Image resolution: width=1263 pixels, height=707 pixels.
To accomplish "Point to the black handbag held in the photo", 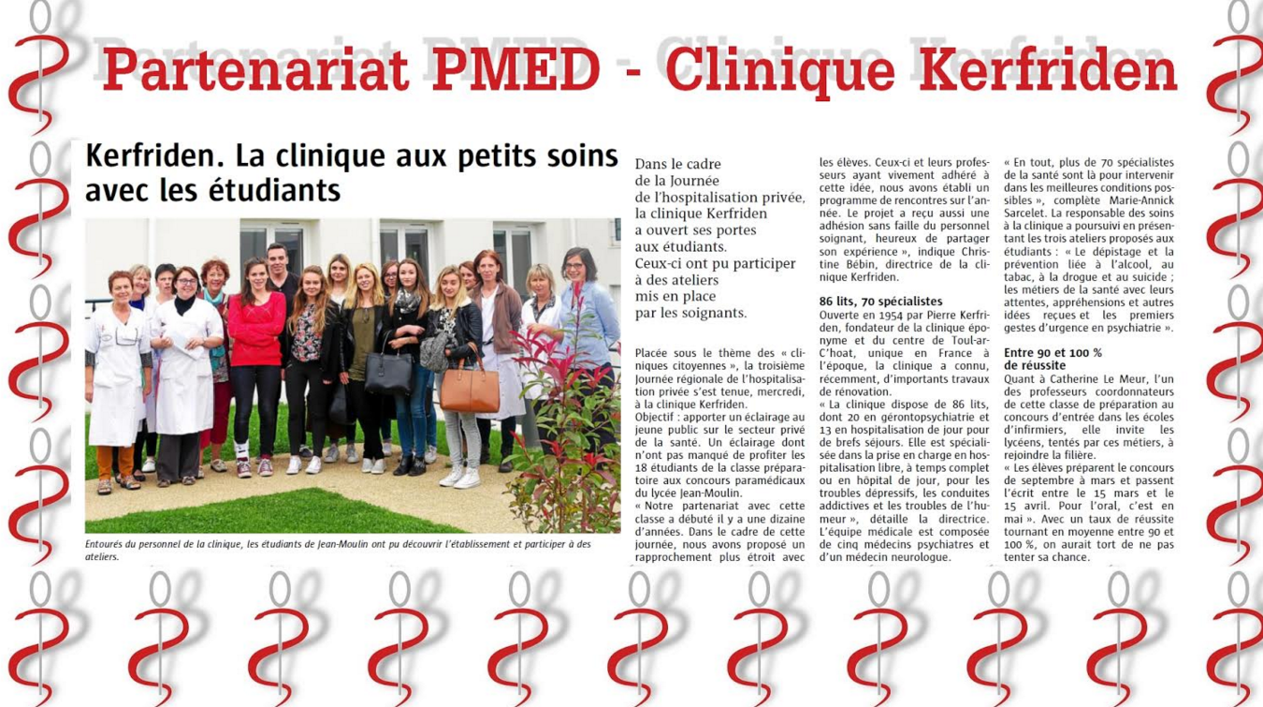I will pyautogui.click(x=388, y=372).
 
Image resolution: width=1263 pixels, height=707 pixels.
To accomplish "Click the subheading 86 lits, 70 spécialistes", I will pyautogui.click(x=880, y=302).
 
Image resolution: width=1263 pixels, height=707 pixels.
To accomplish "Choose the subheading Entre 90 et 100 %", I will pyautogui.click(x=1052, y=353).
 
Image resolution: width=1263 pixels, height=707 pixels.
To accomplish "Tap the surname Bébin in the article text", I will pyautogui.click(x=837, y=265).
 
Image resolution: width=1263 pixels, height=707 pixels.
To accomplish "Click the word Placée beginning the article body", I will pyautogui.click(x=654, y=353).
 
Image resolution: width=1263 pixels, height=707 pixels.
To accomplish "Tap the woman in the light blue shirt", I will pyautogui.click(x=587, y=328).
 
